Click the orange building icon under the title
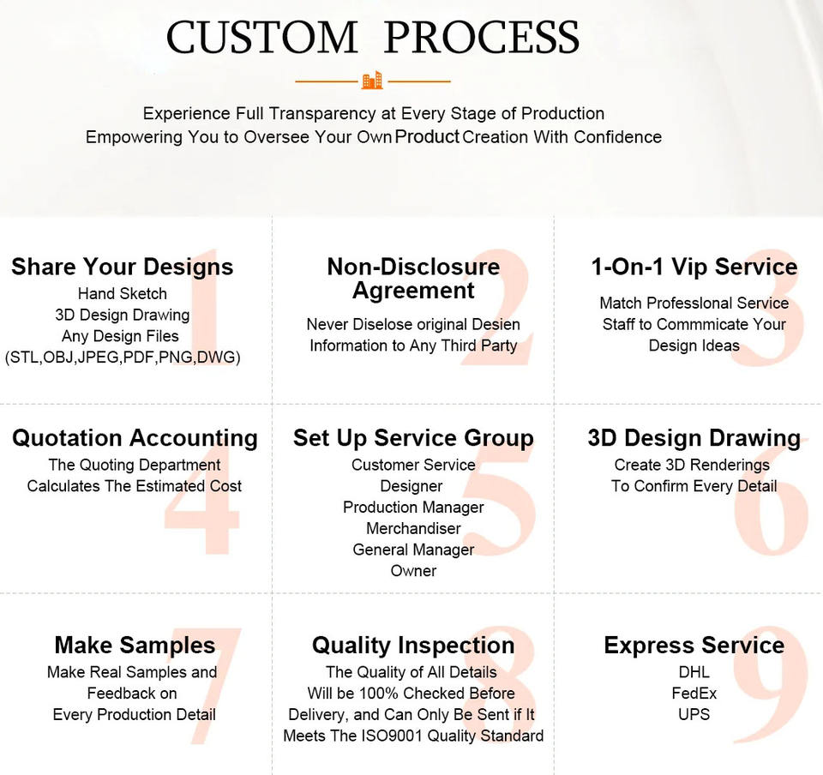click(x=372, y=81)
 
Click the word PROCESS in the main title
click(x=481, y=37)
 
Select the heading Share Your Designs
click(x=123, y=267)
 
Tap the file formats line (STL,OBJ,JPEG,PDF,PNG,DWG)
click(x=123, y=357)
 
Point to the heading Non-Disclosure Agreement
click(x=413, y=278)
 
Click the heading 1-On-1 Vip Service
click(x=694, y=267)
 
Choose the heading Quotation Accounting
click(x=135, y=437)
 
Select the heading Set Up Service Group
click(x=413, y=437)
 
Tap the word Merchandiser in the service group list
click(x=413, y=528)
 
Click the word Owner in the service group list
click(x=413, y=570)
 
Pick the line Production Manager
click(x=413, y=507)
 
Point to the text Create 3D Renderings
click(x=692, y=465)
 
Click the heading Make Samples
click(x=135, y=645)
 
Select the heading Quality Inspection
click(x=413, y=645)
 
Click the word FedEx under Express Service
click(x=694, y=694)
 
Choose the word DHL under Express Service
click(x=694, y=671)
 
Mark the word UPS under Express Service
click(x=694, y=714)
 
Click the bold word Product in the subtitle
click(x=427, y=136)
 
